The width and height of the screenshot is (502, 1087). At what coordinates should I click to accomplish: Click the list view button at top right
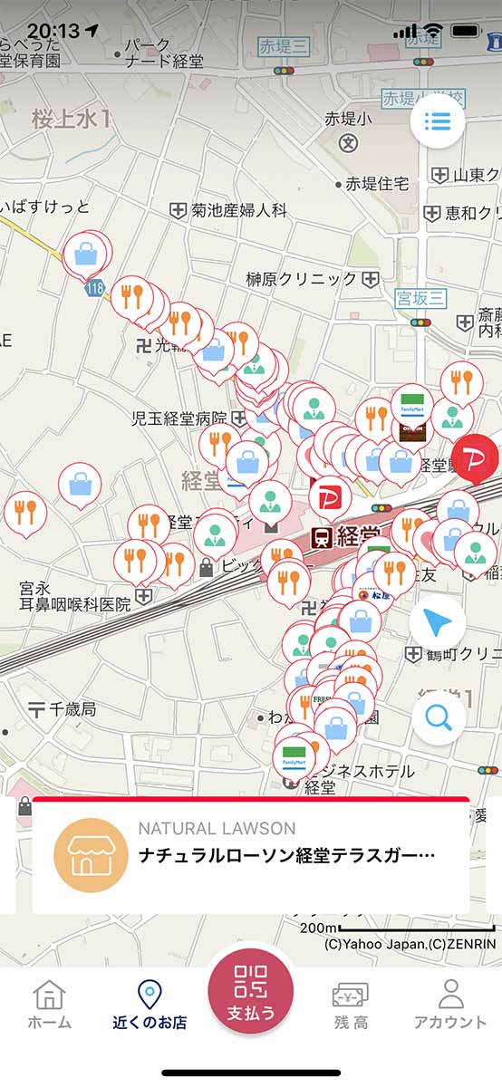438,121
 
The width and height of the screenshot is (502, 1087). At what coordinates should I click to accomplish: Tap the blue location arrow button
438,623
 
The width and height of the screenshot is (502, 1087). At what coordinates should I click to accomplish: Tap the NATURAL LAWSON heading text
217,828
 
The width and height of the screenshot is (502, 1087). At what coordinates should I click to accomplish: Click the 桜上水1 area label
71,119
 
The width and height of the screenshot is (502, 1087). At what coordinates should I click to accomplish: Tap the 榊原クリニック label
302,279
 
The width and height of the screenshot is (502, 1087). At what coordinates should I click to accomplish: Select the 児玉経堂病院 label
179,418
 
